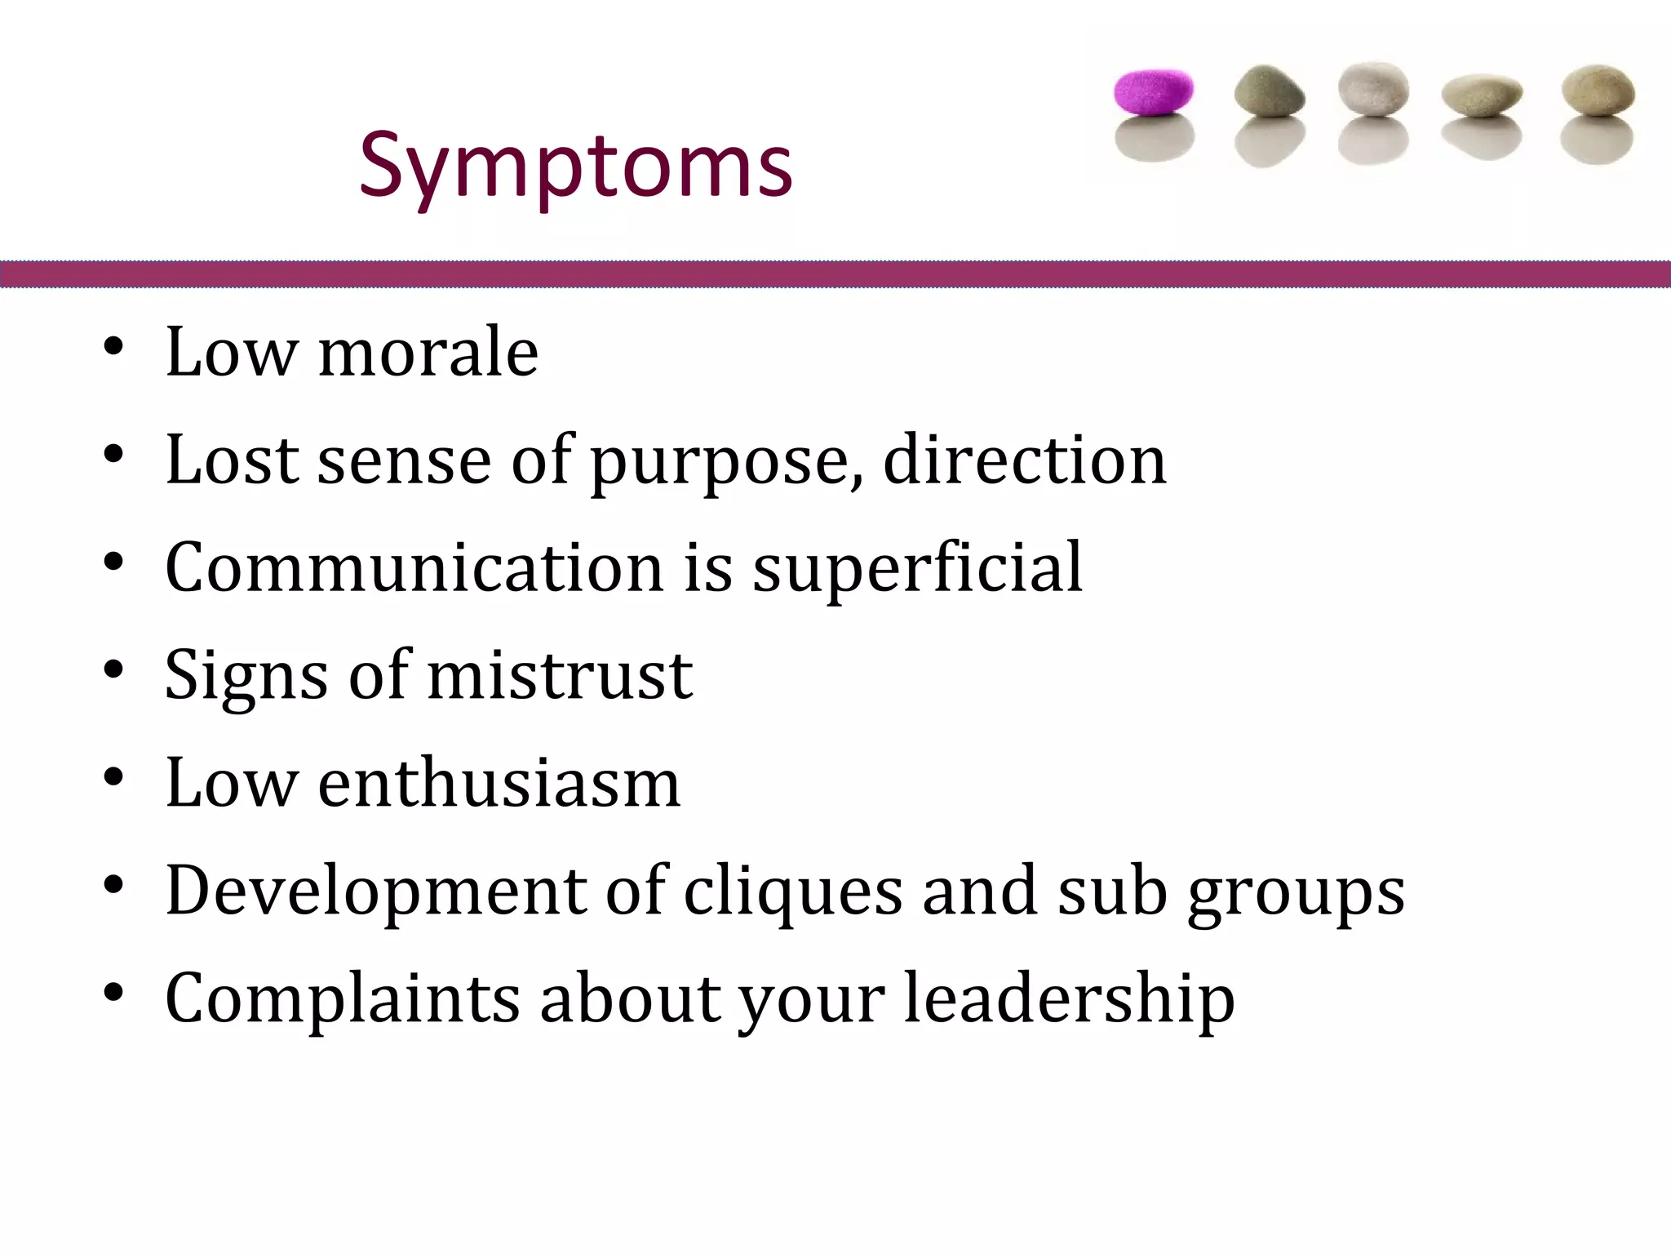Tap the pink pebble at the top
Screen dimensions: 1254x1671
1154,91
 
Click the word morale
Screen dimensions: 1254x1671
428,353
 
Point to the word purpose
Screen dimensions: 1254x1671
726,462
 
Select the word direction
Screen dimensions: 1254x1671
1025,460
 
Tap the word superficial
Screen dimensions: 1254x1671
917,569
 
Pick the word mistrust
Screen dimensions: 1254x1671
560,675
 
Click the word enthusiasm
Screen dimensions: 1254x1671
499,783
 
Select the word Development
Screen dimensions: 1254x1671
375,892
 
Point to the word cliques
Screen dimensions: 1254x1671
792,892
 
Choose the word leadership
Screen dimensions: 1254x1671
1069,999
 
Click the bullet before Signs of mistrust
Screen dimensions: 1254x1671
113,669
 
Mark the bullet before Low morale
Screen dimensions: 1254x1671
113,347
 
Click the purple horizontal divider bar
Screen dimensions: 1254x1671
835,274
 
